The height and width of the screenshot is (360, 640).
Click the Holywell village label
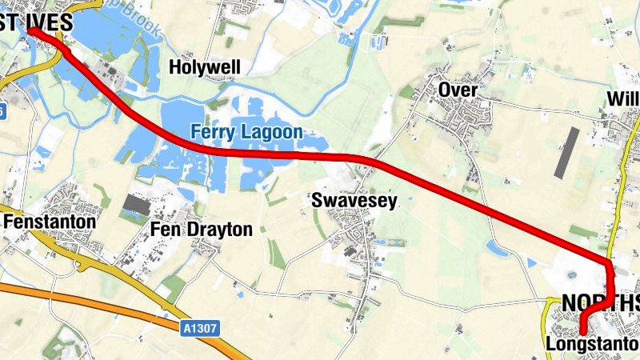point(205,68)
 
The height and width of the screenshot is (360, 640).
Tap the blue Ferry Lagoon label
point(246,131)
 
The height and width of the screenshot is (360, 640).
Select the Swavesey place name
point(354,202)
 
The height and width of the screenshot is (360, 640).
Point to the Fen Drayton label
point(202,230)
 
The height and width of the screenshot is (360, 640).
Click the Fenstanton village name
point(50,220)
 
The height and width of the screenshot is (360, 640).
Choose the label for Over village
point(458,90)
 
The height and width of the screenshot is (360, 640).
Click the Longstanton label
point(592,344)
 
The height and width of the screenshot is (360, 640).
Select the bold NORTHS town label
point(601,303)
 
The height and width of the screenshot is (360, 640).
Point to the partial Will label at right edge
point(623,98)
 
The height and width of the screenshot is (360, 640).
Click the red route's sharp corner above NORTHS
point(608,262)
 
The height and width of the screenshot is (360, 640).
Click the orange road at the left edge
point(16,286)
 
